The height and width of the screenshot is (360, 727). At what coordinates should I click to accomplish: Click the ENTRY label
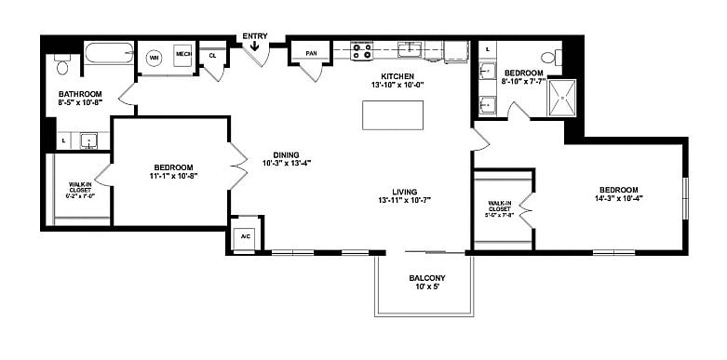tap(254, 37)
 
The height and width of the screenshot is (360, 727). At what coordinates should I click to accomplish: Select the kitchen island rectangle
tap(392, 115)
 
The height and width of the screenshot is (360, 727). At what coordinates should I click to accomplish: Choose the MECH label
tap(182, 55)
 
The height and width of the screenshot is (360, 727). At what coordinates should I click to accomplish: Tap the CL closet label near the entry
tap(212, 55)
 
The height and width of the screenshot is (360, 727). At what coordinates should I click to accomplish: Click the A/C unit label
tap(246, 236)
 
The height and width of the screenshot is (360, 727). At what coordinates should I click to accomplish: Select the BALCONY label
tap(427, 278)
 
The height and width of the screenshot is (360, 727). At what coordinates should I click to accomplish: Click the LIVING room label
tap(404, 192)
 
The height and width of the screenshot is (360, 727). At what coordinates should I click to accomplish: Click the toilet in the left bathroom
tap(62, 64)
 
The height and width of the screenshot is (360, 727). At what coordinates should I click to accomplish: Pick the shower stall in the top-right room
tap(561, 98)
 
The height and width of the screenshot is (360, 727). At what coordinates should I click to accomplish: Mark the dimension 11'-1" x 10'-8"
tap(174, 175)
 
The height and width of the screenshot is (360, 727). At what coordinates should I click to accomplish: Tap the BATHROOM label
tap(79, 94)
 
